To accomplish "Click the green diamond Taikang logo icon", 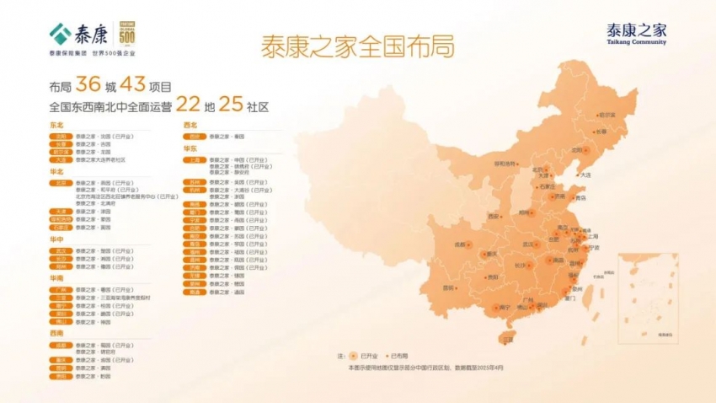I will [60, 33].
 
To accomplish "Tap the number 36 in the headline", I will [88, 85].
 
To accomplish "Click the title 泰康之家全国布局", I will [358, 47].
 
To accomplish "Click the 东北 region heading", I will [57, 125].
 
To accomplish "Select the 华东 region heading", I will [190, 148].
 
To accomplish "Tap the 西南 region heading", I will [57, 333].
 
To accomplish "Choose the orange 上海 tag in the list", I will [195, 159].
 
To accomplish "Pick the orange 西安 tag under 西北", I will [195, 135].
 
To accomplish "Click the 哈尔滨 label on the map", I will [606, 115].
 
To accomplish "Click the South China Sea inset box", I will [648, 298].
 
